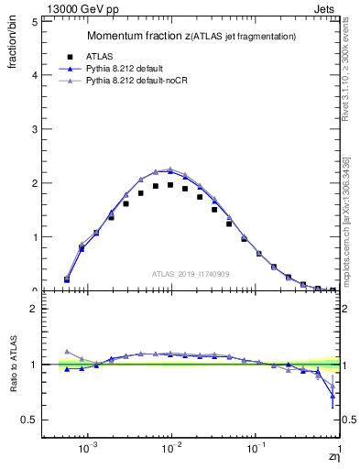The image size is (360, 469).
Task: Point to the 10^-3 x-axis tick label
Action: pyautogui.click(x=88, y=451)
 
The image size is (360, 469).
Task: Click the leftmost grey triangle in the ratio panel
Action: pyautogui.click(x=67, y=351)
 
